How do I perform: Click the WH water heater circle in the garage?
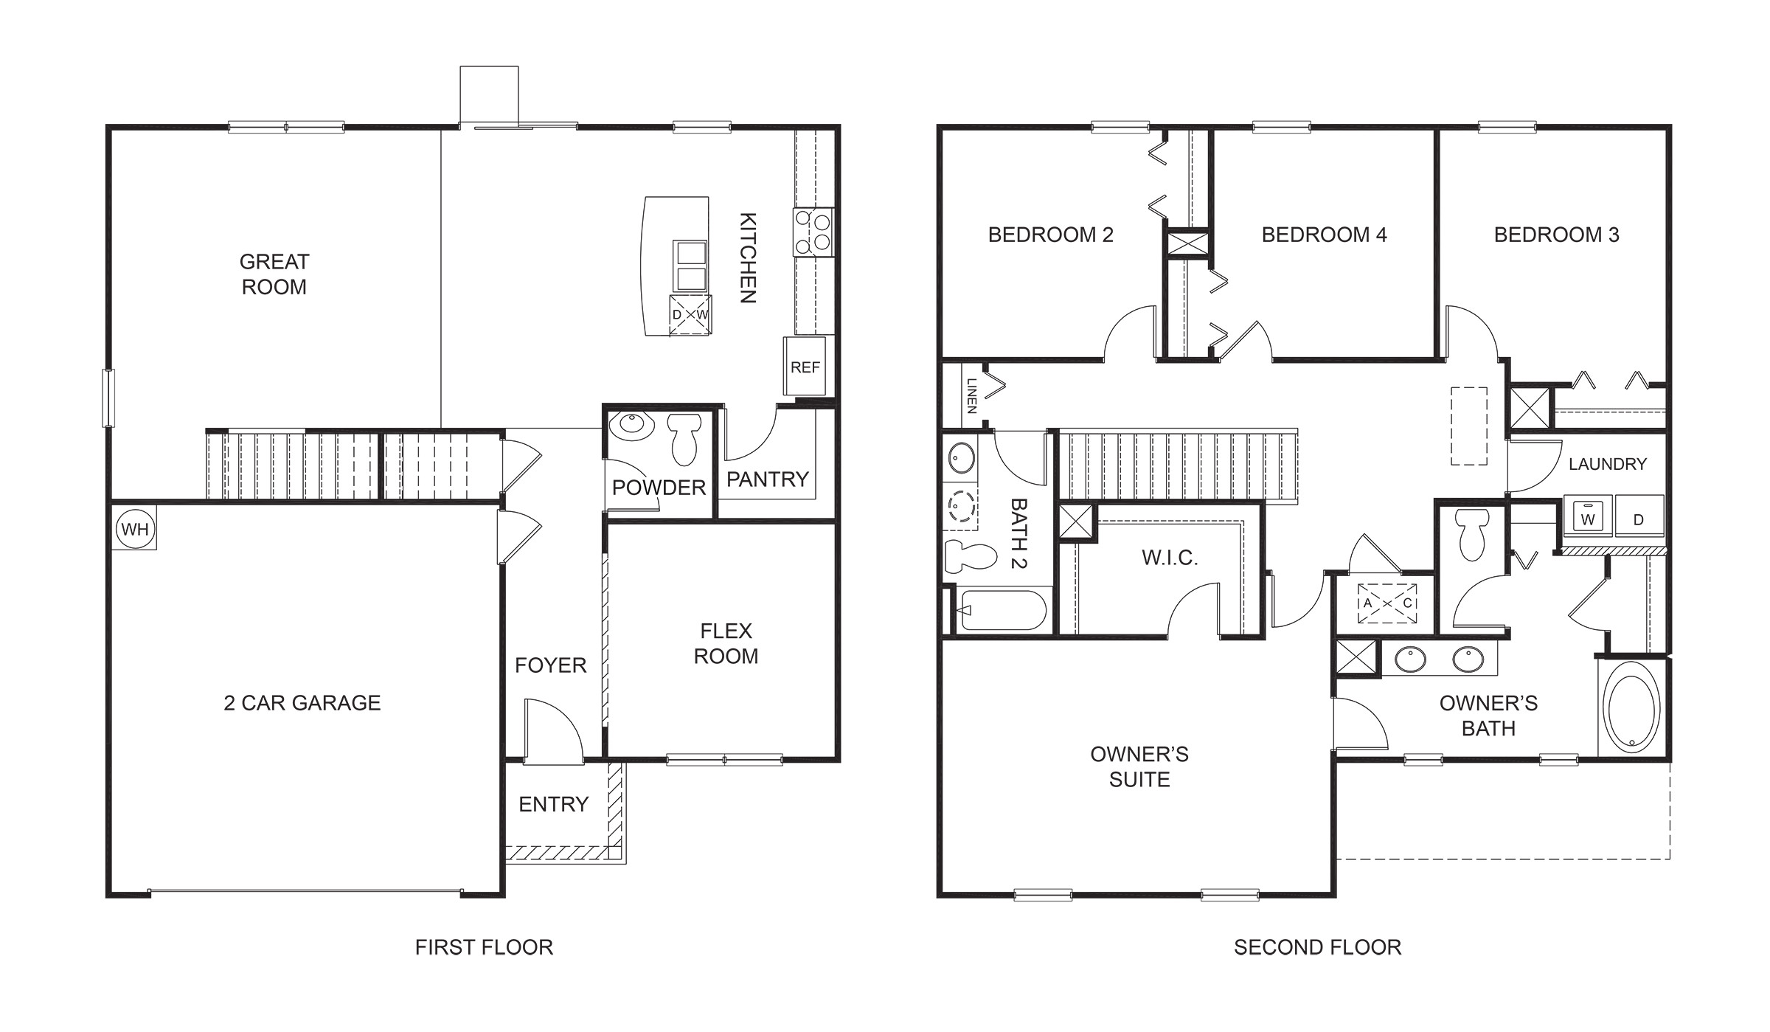pyautogui.click(x=135, y=529)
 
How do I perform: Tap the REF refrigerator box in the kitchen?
pyautogui.click(x=805, y=367)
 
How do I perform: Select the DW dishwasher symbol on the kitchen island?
pyautogui.click(x=690, y=315)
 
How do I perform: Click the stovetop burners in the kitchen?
pyautogui.click(x=813, y=232)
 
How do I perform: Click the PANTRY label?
pyautogui.click(x=767, y=479)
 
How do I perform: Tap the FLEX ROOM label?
pyautogui.click(x=726, y=643)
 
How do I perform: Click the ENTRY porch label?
pyautogui.click(x=553, y=804)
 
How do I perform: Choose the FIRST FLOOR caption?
pyautogui.click(x=484, y=947)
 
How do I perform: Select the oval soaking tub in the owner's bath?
pyautogui.click(x=1632, y=707)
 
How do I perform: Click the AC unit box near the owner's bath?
pyautogui.click(x=1387, y=603)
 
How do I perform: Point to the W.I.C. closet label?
pyautogui.click(x=1170, y=558)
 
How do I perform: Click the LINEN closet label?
pyautogui.click(x=971, y=395)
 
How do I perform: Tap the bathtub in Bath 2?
pyautogui.click(x=1003, y=610)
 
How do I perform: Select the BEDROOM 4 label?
pyautogui.click(x=1324, y=235)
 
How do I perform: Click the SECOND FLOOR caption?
pyautogui.click(x=1317, y=947)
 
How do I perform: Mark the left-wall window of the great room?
pyautogui.click(x=108, y=398)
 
